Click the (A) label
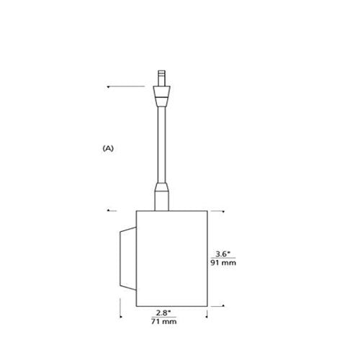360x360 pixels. pyautogui.click(x=108, y=148)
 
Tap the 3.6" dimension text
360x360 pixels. pyautogui.click(x=223, y=253)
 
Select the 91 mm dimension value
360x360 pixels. pyautogui.click(x=223, y=263)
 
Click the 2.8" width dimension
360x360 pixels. pyautogui.click(x=163, y=313)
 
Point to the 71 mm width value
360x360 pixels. pyautogui.click(x=163, y=322)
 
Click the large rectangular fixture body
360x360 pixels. pyautogui.click(x=172, y=258)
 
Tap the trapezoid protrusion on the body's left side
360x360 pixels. pyautogui.click(x=128, y=258)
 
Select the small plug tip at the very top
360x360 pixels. pyautogui.click(x=161, y=78)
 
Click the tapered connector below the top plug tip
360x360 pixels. pyautogui.click(x=162, y=96)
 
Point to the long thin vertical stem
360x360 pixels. pyautogui.click(x=161, y=145)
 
